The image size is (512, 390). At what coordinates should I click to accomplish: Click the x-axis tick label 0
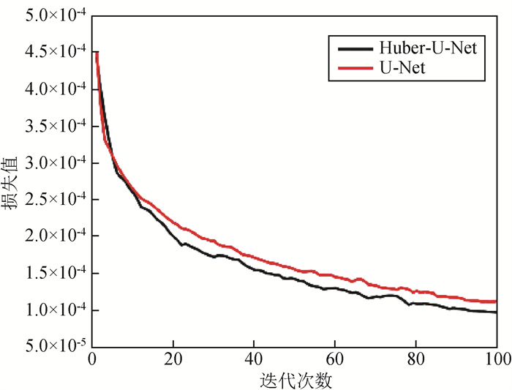tap(92, 359)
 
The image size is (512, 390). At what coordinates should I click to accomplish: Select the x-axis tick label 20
tap(173, 359)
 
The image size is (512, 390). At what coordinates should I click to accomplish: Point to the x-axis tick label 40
tap(254, 359)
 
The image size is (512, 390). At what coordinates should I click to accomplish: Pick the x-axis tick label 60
tap(335, 359)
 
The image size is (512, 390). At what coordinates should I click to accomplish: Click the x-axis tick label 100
tap(495, 359)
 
